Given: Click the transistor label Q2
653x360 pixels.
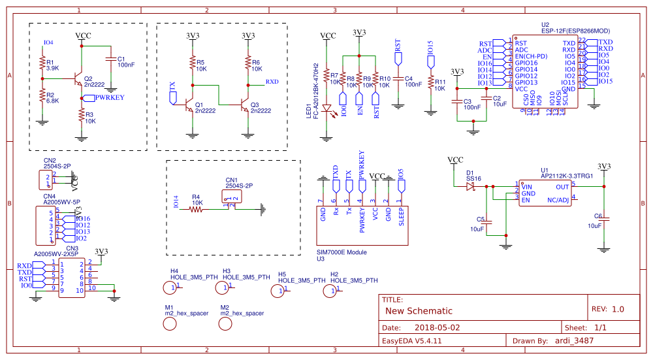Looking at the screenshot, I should point(88,78).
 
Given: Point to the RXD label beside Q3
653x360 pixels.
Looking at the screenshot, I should point(272,82).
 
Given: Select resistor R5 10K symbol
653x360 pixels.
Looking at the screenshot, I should point(192,64).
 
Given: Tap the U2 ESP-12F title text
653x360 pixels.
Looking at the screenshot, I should point(575,31).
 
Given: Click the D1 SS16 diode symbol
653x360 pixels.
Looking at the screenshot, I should point(470,186).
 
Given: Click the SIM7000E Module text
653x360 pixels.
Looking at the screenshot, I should point(342,252).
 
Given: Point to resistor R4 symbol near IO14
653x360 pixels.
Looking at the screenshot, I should point(196,209).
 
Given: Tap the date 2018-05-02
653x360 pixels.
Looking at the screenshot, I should point(438,327).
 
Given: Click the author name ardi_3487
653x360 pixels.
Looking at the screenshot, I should point(572,340).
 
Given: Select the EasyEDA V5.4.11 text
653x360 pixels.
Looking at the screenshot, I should point(412,340).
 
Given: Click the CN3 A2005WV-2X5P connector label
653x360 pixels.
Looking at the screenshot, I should point(57,252).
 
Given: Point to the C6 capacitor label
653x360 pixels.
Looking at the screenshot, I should point(597,216).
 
